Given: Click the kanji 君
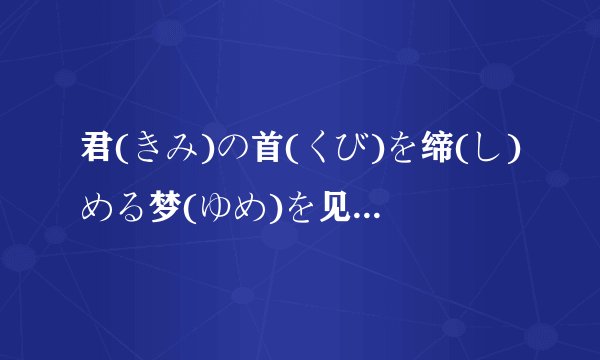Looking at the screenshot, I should click(x=98, y=153).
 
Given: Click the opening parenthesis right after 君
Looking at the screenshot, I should click(x=120, y=153).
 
